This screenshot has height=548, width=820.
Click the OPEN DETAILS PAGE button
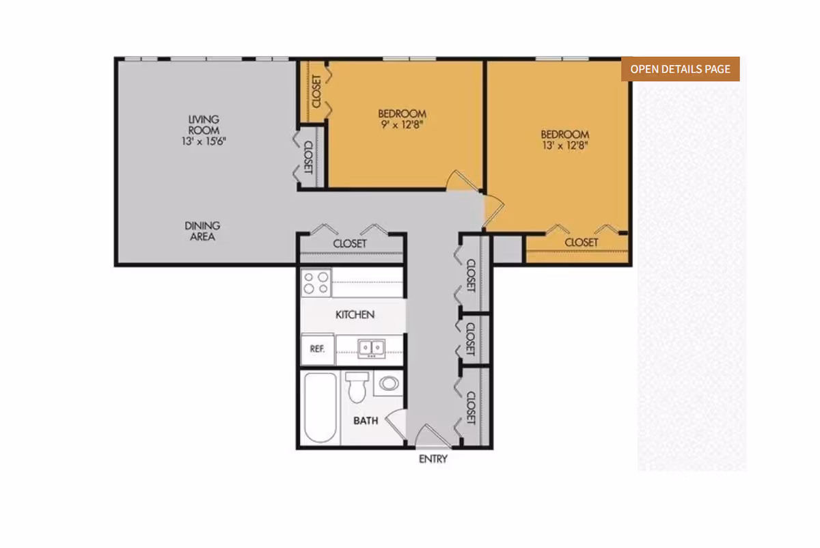(680, 69)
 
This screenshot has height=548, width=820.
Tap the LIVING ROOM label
(204, 125)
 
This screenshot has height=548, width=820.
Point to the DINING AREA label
(202, 231)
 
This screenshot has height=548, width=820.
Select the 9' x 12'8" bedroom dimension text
(402, 125)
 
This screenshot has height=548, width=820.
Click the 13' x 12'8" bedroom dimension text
(565, 146)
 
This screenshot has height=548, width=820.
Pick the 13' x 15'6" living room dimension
(204, 141)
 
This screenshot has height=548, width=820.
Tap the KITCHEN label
(355, 314)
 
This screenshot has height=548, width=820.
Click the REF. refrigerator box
(317, 349)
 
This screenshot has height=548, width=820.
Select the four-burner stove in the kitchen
(316, 283)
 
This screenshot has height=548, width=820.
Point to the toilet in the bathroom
(357, 387)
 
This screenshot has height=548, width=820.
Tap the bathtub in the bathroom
(320, 407)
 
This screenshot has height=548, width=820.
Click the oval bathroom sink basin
(389, 383)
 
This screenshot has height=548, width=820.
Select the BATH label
(366, 421)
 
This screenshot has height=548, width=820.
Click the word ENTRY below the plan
(433, 459)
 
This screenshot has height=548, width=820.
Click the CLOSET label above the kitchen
(350, 243)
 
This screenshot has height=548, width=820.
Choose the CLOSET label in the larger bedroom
(582, 243)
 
